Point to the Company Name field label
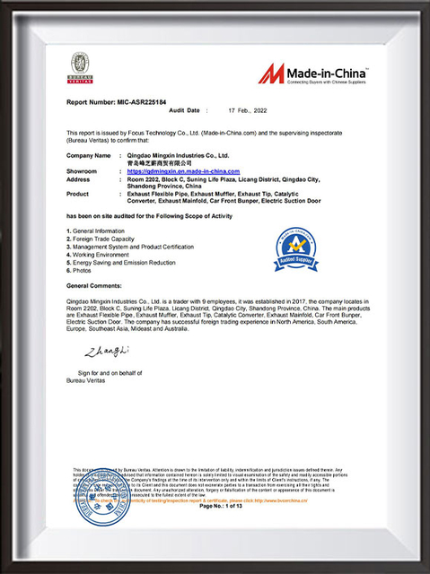click(x=87, y=155)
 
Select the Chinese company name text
click(x=161, y=162)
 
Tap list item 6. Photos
click(x=82, y=269)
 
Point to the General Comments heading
click(x=96, y=284)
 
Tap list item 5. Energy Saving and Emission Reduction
click(x=121, y=262)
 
